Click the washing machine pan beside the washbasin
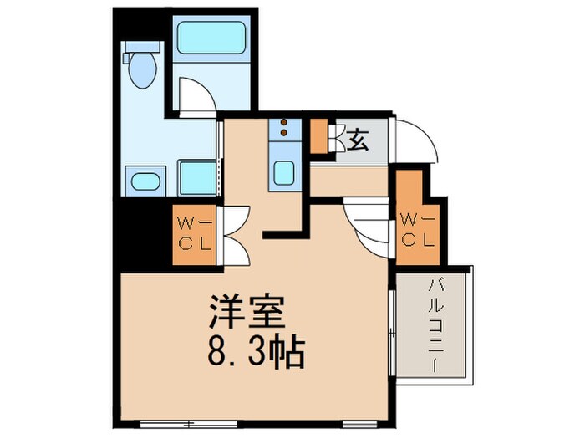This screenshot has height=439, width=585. (197, 177)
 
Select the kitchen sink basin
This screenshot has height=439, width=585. (284, 173)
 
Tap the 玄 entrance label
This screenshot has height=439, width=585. (357, 140)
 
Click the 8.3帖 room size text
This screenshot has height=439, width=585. (255, 355)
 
